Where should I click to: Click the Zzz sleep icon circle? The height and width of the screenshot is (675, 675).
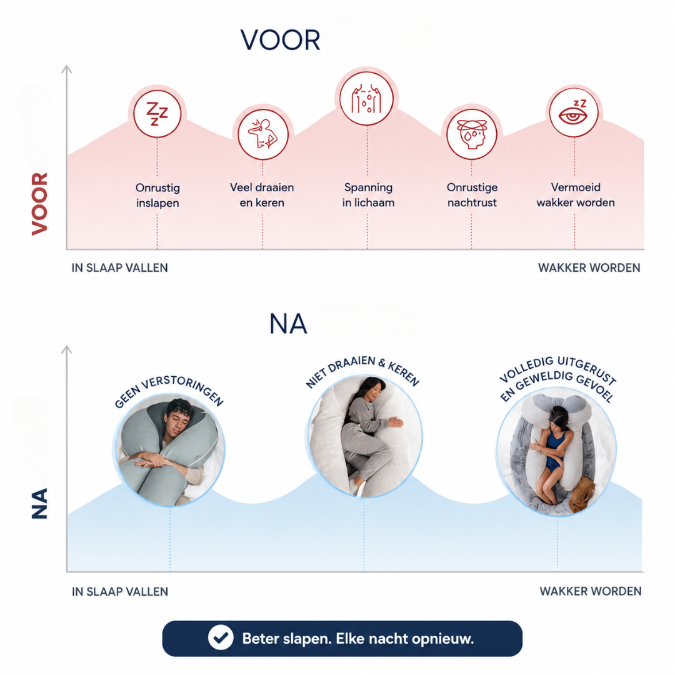point(157,114)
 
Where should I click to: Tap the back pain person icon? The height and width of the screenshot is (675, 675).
point(262,134)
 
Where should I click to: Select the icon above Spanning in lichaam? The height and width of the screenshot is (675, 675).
point(367,99)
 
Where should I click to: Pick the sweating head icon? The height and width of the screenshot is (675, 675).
point(472,134)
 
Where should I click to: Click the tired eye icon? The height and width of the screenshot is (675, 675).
point(574,112)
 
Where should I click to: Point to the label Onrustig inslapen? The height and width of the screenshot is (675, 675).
point(157,195)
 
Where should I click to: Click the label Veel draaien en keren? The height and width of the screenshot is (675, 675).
point(262,195)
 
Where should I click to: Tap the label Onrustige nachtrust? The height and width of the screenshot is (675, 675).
point(472,195)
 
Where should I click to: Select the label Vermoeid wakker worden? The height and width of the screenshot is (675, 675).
point(576,195)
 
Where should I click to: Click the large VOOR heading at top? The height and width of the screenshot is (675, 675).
point(280,41)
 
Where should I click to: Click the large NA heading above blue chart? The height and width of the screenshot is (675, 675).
point(288,324)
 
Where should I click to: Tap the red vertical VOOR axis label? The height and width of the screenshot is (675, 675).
point(39,204)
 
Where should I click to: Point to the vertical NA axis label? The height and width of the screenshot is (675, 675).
point(39,503)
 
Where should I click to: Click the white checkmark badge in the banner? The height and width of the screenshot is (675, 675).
point(221,637)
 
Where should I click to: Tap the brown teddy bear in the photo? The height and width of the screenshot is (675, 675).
point(582,494)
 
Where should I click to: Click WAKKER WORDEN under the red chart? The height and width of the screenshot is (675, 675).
point(589,267)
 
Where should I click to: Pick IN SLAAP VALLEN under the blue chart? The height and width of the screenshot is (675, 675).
point(119,591)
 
